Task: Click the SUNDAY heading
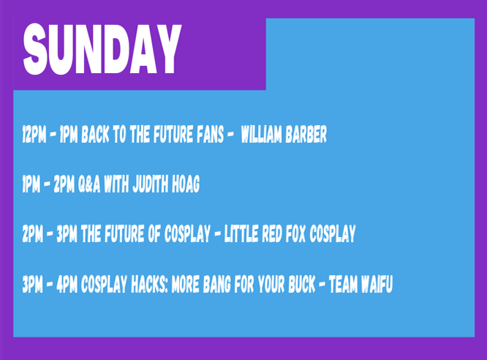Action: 102,49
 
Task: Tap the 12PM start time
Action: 34,135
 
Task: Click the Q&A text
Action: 89,184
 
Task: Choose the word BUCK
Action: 301,284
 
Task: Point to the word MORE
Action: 186,284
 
